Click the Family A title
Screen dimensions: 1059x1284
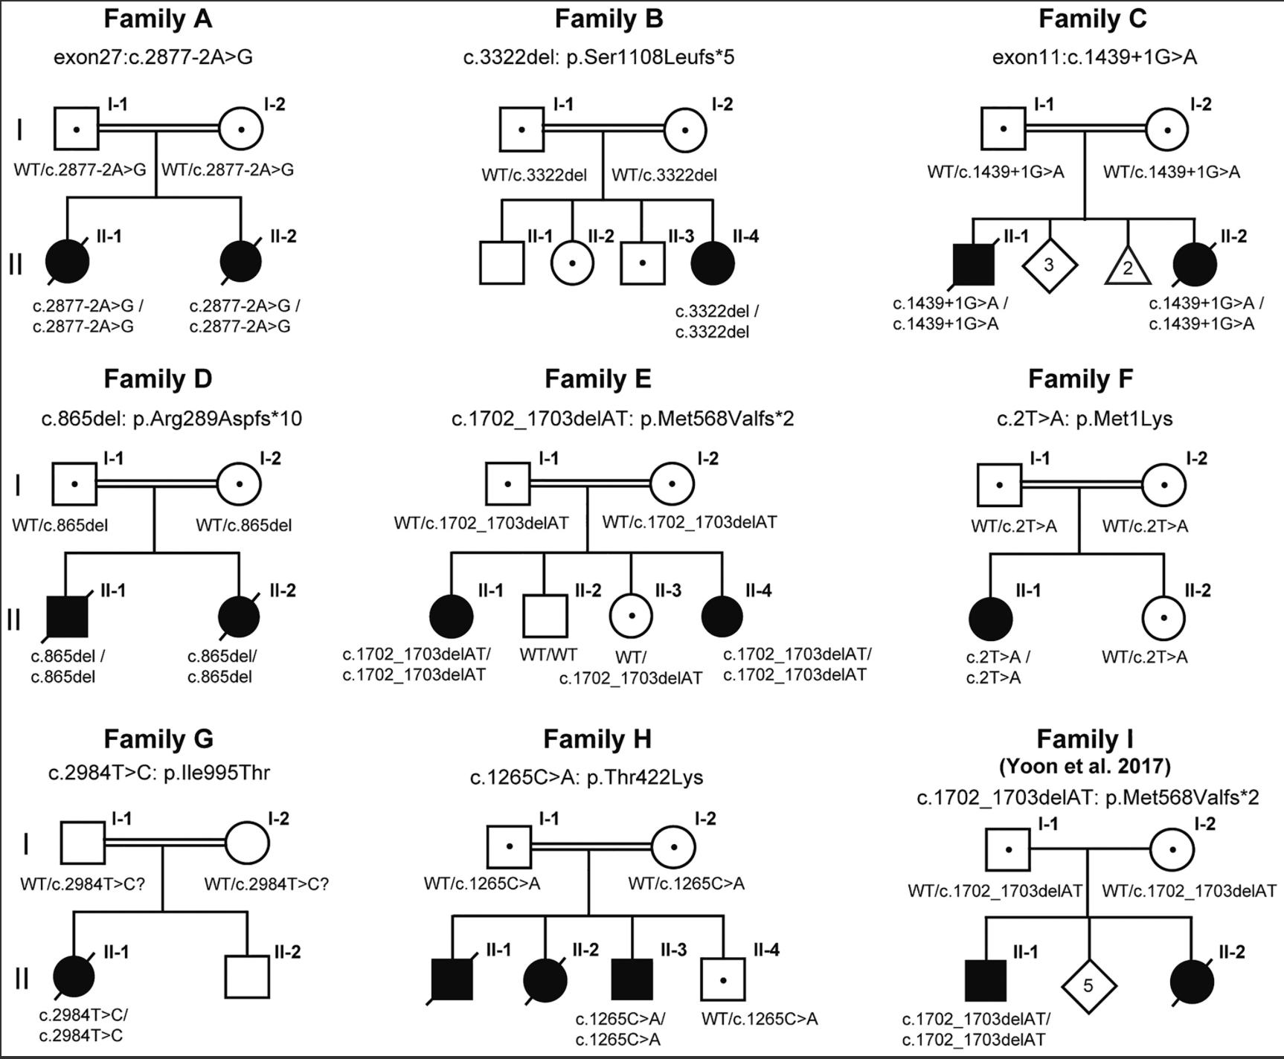(x=158, y=19)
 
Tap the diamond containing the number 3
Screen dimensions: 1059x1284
(x=1049, y=265)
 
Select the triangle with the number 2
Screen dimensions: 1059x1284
(x=1128, y=267)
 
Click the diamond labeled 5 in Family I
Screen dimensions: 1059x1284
(x=1088, y=986)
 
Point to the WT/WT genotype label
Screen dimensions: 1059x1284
(x=548, y=655)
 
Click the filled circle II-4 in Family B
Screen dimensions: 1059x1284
(x=713, y=263)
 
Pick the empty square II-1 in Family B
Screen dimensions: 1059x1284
(x=502, y=263)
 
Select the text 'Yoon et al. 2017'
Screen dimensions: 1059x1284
(x=1085, y=766)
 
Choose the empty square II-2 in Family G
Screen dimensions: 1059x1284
(x=247, y=976)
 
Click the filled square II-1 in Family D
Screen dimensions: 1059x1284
(x=67, y=616)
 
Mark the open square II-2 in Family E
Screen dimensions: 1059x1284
(x=545, y=616)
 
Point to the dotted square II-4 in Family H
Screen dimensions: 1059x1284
(x=722, y=979)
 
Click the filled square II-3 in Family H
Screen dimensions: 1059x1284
(x=632, y=979)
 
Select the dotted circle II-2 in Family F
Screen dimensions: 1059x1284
(x=1164, y=617)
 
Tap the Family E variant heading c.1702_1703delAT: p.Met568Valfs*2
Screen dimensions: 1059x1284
(x=623, y=419)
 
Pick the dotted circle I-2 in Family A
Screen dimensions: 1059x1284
(x=241, y=129)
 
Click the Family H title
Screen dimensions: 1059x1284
(x=597, y=739)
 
